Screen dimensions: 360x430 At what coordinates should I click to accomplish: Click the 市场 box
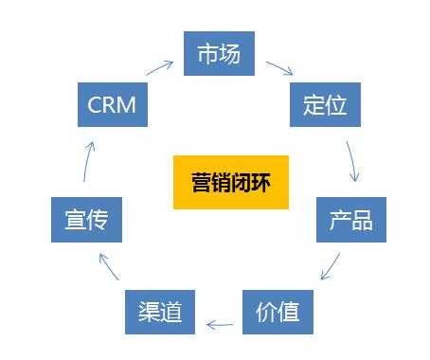tap(219, 54)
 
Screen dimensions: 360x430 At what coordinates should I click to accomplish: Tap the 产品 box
tap(351, 221)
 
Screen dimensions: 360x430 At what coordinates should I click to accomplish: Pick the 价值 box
tap(278, 311)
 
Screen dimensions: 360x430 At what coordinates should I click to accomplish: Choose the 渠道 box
tap(159, 311)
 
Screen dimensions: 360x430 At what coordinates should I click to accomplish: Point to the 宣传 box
tap(86, 221)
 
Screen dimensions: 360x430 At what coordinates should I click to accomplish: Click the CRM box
tap(112, 104)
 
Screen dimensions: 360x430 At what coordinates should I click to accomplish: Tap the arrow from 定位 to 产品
tap(353, 162)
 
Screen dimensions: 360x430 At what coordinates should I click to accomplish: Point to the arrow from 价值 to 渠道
tap(220, 326)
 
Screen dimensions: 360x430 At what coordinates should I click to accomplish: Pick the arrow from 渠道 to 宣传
tap(109, 266)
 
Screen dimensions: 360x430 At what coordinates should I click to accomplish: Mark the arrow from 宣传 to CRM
tap(87, 161)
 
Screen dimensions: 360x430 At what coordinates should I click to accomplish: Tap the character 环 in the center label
tap(260, 180)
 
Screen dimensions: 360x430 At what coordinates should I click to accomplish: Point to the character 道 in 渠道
tap(171, 311)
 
